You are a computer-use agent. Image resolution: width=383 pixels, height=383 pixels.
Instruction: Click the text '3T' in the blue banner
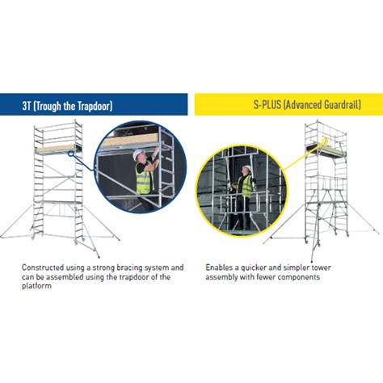27,106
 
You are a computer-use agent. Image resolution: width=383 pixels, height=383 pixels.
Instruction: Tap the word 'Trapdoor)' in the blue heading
95,106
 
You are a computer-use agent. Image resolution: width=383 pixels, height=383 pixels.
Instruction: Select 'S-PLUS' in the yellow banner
267,104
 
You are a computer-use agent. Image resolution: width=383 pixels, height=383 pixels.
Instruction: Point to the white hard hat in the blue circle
138,154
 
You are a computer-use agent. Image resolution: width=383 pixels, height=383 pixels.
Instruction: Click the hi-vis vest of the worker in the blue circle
143,179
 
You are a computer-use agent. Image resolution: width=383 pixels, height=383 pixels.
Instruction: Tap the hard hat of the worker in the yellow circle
246,167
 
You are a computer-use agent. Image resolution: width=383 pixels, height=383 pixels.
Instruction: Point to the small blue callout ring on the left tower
71,154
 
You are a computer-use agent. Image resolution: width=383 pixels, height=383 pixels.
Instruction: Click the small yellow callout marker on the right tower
324,141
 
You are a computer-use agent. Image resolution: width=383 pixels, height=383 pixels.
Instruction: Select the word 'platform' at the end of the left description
36,286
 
